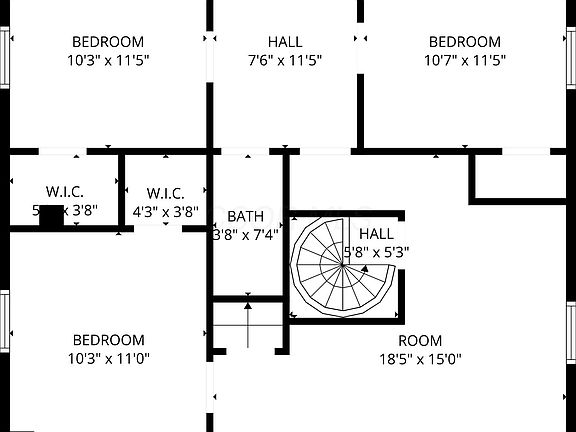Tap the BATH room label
tap(245, 216)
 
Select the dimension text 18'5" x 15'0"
tap(420, 359)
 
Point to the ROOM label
tap(420, 341)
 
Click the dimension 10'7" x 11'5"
tap(465, 59)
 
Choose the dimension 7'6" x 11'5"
tap(285, 59)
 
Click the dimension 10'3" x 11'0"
tap(108, 358)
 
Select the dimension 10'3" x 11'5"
tap(108, 59)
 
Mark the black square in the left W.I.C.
tap(51, 215)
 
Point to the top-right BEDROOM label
tap(465, 42)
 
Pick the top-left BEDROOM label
tap(108, 42)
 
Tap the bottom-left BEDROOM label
tap(108, 340)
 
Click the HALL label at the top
tap(285, 42)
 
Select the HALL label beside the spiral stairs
tap(376, 234)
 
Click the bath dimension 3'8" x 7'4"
tap(245, 235)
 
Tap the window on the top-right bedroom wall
tap(571, 58)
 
